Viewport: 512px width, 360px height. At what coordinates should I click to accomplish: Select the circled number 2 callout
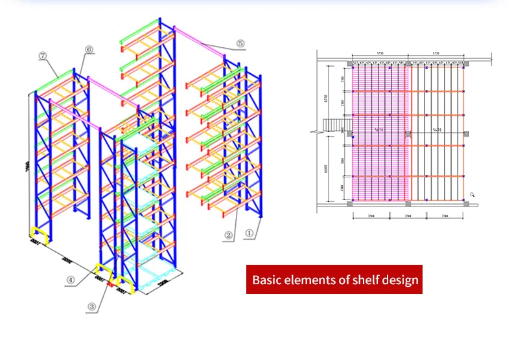pos(229,236)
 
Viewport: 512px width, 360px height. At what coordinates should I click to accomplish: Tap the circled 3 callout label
pos(93,306)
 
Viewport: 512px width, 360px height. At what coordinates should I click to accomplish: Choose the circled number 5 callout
pos(240,44)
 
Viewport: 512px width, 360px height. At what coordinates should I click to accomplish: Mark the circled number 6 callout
pos(89,49)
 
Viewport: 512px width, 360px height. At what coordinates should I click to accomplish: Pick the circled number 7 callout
pos(43,56)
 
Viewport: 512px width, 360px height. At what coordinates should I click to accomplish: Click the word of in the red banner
pos(345,281)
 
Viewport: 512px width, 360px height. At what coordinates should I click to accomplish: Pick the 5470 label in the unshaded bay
pos(437,130)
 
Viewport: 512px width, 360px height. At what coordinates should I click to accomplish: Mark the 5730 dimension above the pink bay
pos(380,54)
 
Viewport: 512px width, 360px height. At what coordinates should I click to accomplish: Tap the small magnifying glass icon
pos(472,194)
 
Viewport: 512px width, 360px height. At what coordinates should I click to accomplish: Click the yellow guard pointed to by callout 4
pos(102,271)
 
